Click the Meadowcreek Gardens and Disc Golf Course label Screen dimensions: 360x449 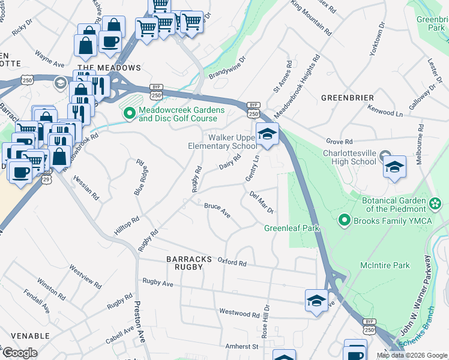pyautogui.click(x=181, y=114)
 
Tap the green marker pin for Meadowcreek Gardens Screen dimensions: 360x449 pyautogui.click(x=128, y=112)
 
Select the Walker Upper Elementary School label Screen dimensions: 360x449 pyautogui.click(x=222, y=142)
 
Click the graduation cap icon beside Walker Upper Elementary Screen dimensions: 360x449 pyautogui.click(x=267, y=134)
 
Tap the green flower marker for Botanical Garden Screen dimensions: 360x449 pyautogui.click(x=435, y=205)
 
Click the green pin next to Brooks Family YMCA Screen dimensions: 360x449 pyautogui.click(x=344, y=221)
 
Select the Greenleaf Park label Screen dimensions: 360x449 pyautogui.click(x=292, y=228)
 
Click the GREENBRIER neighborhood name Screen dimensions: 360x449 pyautogui.click(x=348, y=98)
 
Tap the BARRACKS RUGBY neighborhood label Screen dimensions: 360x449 pyautogui.click(x=190, y=263)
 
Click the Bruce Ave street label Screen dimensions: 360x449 pyautogui.click(x=217, y=209)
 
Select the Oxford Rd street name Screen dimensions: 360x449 pyautogui.click(x=232, y=263)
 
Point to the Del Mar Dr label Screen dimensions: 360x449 pyautogui.click(x=262, y=202)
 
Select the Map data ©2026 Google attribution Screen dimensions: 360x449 pyautogui.click(x=411, y=355)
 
